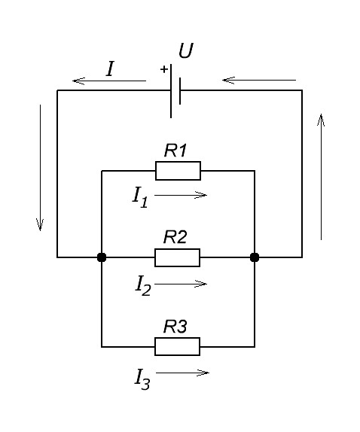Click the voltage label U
186,51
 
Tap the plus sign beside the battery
164,69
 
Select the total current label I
110,69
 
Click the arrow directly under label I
109,81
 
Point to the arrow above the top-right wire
259,81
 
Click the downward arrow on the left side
40,168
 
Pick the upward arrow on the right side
321,177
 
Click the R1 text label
175,151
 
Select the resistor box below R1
178,171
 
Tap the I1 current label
140,197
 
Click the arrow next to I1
181,195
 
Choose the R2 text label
175,237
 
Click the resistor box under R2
177,257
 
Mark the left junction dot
102,257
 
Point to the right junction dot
255,257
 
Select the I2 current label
143,286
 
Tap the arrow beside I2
181,284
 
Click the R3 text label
175,327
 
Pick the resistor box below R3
177,346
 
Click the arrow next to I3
182,373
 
